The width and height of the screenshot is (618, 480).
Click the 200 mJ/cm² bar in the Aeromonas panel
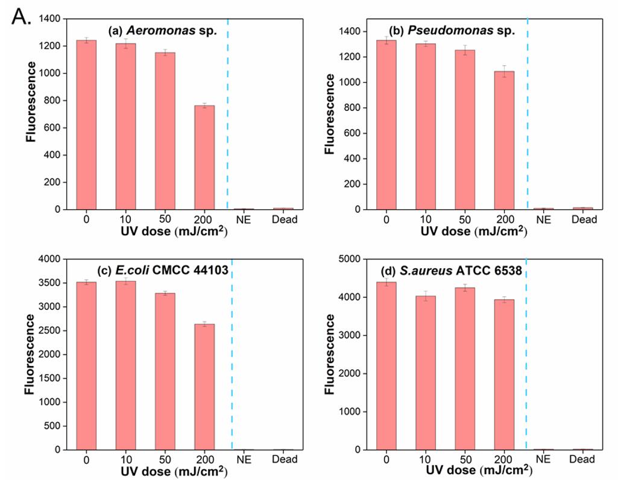[204, 157]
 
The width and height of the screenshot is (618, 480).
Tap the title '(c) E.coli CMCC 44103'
[163, 270]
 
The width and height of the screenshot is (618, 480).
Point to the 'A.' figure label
[20, 17]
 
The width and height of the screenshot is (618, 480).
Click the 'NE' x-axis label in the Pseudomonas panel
[544, 219]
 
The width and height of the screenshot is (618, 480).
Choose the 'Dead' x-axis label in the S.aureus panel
[584, 459]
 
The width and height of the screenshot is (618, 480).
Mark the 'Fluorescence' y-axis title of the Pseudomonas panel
[330, 113]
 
